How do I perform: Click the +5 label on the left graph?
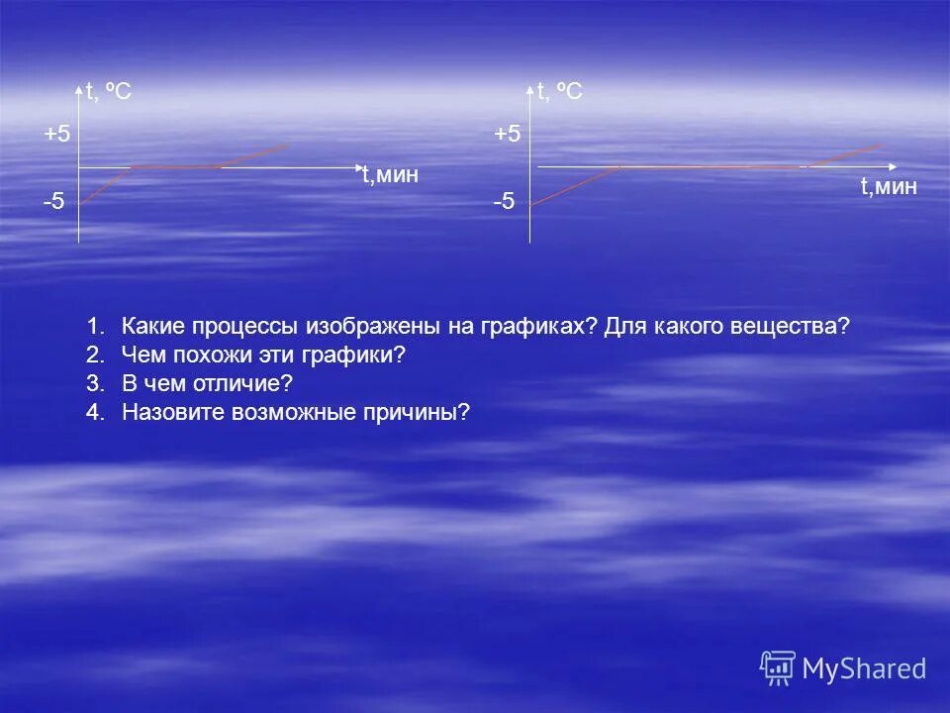(x=56, y=135)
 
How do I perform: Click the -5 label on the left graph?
(x=53, y=202)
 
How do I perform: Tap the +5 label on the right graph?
(x=507, y=135)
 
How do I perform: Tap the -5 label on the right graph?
(x=504, y=202)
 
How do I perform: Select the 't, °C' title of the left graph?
(x=108, y=92)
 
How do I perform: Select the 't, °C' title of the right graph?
(x=559, y=92)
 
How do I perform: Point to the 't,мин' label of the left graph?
(x=390, y=176)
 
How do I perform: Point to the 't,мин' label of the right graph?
(x=889, y=186)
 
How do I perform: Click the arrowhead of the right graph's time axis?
(x=895, y=166)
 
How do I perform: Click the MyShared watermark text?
(x=864, y=669)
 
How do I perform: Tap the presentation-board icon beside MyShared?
(x=778, y=668)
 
